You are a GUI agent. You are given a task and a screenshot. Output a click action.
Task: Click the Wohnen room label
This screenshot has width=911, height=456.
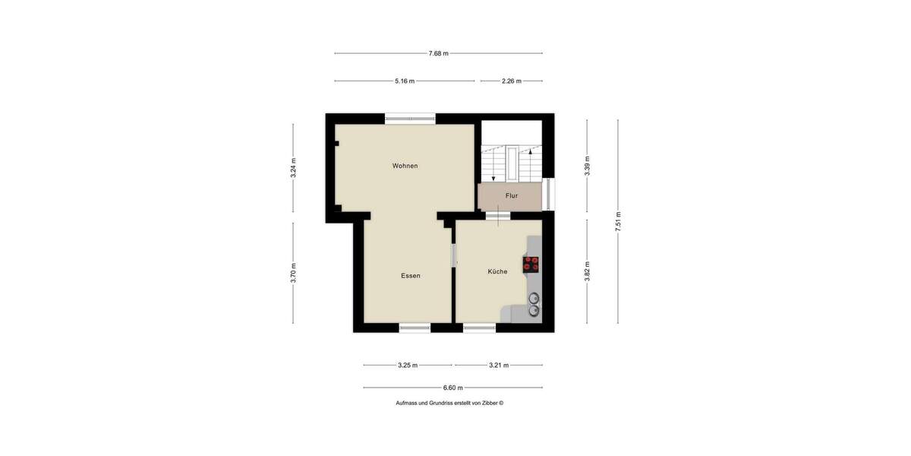[405, 166]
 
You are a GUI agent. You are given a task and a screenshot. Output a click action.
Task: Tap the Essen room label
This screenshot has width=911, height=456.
[411, 276]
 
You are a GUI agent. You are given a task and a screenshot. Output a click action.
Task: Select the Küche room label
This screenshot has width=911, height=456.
[497, 271]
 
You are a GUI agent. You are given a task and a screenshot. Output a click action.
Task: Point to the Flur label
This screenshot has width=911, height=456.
[512, 196]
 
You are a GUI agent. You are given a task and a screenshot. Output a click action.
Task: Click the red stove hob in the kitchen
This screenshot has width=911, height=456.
[531, 264]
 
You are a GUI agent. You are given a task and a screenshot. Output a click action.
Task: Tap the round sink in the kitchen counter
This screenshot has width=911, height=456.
[534, 298]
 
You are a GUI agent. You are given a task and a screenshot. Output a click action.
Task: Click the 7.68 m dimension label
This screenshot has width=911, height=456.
[438, 53]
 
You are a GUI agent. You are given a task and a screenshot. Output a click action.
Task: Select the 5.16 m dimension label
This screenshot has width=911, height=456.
[405, 81]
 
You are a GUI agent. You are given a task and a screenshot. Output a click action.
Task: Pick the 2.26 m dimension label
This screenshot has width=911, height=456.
[512, 81]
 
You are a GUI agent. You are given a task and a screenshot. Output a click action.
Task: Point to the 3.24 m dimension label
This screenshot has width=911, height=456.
[293, 168]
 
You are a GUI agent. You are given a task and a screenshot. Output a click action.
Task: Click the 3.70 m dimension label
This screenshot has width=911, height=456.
[293, 273]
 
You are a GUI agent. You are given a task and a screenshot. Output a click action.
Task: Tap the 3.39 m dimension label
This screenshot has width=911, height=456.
[587, 166]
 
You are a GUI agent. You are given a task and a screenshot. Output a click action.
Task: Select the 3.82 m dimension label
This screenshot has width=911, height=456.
[587, 271]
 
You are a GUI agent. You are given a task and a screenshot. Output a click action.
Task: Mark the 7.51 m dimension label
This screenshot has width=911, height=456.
[618, 220]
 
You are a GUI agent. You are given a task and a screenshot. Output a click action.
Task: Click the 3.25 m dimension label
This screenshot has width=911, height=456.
[408, 366]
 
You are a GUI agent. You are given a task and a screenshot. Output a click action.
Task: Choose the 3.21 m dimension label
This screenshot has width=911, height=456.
[499, 366]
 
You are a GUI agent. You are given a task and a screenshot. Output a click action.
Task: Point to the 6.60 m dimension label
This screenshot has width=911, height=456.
[453, 388]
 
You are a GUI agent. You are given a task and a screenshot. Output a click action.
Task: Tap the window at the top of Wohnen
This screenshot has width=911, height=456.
[410, 118]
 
